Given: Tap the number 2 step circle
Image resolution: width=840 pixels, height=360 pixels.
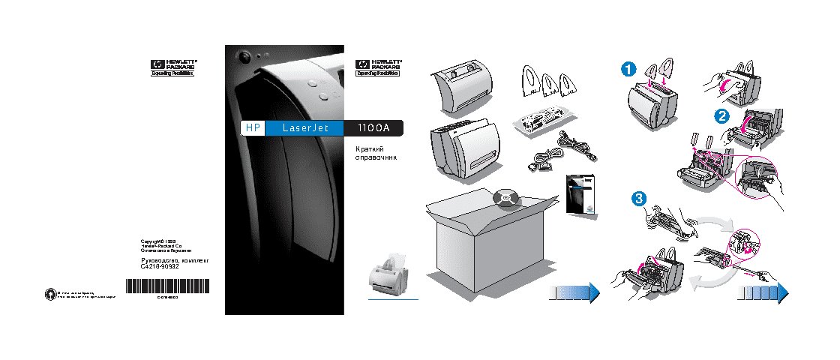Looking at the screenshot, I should (721, 116).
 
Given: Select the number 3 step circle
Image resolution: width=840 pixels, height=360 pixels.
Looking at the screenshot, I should (638, 199).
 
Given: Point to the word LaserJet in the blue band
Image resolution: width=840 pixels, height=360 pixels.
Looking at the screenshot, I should (303, 128).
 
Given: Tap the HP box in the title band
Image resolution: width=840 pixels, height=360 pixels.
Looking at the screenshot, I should (251, 128).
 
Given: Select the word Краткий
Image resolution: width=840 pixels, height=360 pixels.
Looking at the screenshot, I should (369, 148).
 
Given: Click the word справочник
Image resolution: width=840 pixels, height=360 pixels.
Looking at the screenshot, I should (375, 158).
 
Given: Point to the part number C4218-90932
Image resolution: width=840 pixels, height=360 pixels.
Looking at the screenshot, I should (160, 266).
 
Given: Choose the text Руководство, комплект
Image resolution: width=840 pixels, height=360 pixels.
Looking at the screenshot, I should (174, 259).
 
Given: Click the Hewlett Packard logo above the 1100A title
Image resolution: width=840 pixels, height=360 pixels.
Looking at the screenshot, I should (377, 67).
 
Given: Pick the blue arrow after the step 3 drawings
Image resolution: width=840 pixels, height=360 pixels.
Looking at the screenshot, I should (760, 292).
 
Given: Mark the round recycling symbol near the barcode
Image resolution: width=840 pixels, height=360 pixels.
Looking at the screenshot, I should (49, 292).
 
